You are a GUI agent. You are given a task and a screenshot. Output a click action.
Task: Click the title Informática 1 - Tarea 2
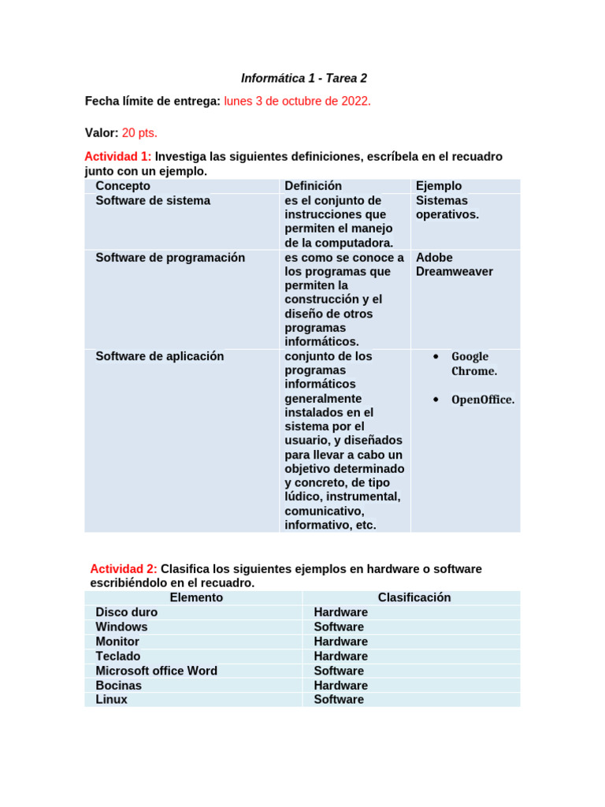(x=303, y=79)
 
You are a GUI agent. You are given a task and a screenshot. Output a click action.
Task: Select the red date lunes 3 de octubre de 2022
(x=298, y=102)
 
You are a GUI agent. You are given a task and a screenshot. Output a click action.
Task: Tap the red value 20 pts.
(x=139, y=133)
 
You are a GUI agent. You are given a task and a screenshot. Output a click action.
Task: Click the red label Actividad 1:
(x=117, y=157)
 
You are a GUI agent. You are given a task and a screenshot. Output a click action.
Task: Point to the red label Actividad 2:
(x=124, y=569)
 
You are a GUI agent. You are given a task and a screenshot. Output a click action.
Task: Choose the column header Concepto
(x=123, y=186)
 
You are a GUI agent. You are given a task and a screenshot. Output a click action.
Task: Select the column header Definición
(x=314, y=186)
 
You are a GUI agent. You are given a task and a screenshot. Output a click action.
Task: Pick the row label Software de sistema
(x=153, y=201)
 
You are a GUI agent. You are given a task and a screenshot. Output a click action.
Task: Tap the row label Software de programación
(x=170, y=258)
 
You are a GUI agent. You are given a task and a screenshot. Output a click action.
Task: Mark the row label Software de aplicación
(x=160, y=356)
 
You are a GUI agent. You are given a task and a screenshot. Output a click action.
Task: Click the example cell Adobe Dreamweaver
(x=455, y=265)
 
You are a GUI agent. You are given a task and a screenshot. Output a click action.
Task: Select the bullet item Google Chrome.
(x=473, y=364)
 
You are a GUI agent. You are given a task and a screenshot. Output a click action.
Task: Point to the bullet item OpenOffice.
(x=483, y=400)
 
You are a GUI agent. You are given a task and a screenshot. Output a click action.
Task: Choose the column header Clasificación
(x=414, y=597)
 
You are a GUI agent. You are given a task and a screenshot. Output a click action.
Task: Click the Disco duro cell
(x=127, y=612)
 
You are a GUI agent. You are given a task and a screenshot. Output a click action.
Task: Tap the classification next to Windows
(x=339, y=627)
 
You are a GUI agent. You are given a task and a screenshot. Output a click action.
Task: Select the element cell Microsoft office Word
(x=156, y=671)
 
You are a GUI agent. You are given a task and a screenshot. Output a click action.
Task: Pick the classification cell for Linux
(x=339, y=700)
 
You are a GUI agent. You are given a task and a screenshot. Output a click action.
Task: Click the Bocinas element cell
(x=119, y=686)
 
